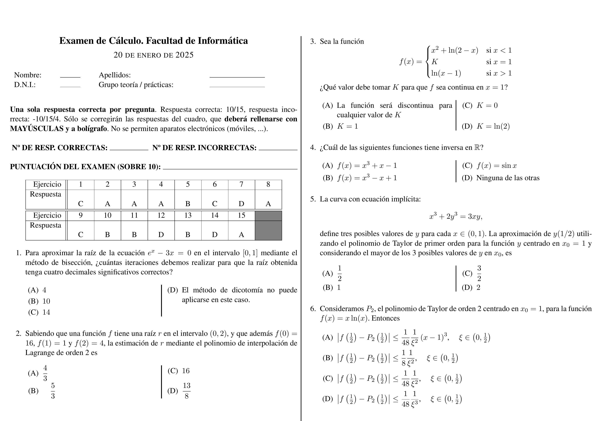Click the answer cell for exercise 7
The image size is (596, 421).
[241, 200]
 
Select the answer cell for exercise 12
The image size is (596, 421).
[161, 230]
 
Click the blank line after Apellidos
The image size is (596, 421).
[237, 76]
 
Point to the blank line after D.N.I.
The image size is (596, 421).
[70, 86]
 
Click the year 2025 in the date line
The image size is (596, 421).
[184, 55]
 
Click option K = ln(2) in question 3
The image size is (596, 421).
[493, 126]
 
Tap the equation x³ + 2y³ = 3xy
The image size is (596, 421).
[455, 216]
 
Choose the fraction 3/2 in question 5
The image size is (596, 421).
[479, 273]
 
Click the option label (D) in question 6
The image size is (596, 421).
[327, 399]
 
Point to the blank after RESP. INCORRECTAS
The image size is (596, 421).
[278, 149]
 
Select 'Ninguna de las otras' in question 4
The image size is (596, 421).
[508, 178]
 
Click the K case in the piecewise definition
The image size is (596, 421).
[435, 62]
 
